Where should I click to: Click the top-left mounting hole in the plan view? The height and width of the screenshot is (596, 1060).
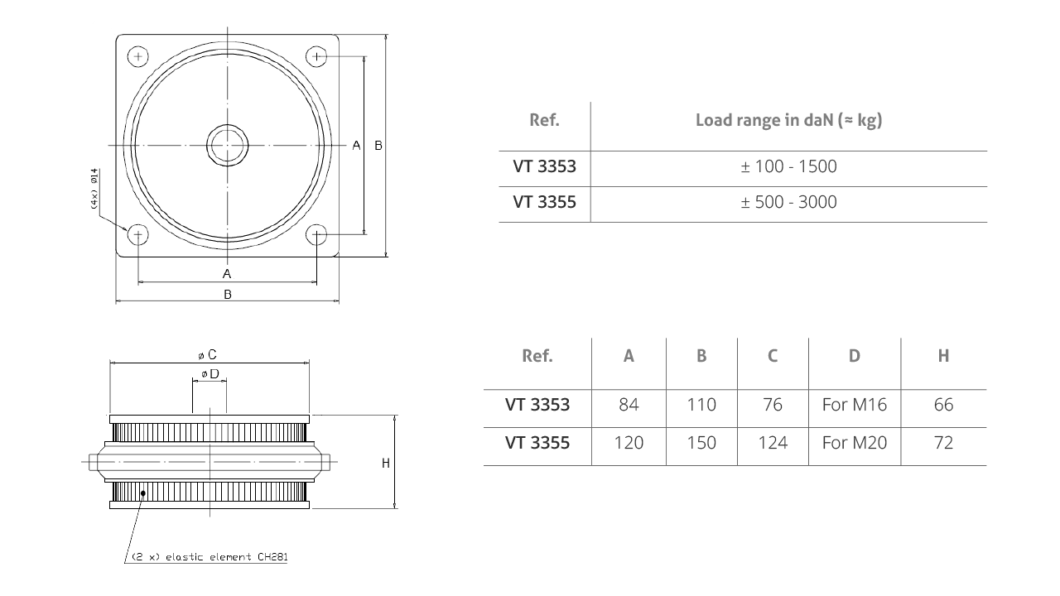tap(137, 56)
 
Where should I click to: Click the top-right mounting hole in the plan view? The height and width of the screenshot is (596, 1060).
tap(316, 56)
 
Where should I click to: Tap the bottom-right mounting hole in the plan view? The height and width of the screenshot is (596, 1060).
tap(316, 235)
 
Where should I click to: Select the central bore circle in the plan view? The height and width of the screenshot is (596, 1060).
tap(227, 146)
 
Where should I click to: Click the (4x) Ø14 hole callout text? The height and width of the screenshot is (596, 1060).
tap(94, 190)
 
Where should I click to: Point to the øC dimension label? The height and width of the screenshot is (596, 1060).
tap(209, 355)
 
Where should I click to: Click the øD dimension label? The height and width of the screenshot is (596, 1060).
tap(210, 374)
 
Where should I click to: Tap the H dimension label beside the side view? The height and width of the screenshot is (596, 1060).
tap(385, 464)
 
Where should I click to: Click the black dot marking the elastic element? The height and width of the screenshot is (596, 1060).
tap(144, 493)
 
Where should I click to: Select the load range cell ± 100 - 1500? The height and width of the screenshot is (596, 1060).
tap(788, 166)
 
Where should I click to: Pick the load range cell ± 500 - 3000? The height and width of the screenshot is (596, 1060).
tap(788, 202)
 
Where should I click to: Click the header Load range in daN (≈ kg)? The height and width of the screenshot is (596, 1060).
tap(788, 120)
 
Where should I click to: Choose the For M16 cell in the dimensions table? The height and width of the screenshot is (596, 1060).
tap(854, 405)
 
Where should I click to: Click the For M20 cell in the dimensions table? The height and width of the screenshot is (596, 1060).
tap(854, 443)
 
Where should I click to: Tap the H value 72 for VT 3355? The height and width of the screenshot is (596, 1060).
tap(942, 443)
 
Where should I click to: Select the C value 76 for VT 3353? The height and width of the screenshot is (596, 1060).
tap(772, 405)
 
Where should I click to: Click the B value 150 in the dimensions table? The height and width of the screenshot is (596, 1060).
tap(701, 443)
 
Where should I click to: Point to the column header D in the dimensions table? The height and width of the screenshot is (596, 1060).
tap(854, 356)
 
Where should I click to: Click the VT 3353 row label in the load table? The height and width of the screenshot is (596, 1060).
tap(544, 166)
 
